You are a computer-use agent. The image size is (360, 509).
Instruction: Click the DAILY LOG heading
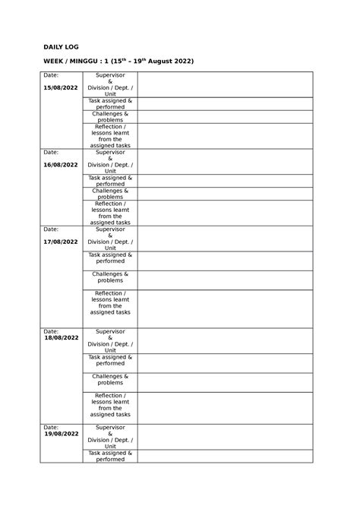pos(60,47)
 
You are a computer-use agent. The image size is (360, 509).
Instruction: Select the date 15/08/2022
pos(61,88)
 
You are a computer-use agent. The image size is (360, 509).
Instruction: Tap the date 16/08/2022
pos(61,165)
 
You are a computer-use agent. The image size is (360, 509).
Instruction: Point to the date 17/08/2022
pos(61,242)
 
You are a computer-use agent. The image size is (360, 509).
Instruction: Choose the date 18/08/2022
pos(61,337)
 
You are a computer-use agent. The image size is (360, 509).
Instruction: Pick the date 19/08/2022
pos(61,434)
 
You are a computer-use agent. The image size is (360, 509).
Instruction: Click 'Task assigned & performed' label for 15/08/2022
pos(110,104)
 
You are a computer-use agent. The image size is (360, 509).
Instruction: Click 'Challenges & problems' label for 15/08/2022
pos(110,117)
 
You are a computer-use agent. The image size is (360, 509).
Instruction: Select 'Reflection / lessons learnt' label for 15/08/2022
pos(110,136)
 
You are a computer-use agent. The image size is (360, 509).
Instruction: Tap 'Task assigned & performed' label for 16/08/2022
pos(110,181)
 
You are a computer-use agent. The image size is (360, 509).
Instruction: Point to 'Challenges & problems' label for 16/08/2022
pos(110,194)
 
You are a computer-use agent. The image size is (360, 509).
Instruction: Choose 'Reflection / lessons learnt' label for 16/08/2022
pos(110,213)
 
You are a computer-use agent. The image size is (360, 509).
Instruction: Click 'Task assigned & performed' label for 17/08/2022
pos(110,258)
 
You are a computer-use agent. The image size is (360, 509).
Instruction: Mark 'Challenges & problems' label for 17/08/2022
pos(110,277)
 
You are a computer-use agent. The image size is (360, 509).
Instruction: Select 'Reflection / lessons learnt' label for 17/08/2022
pos(110,302)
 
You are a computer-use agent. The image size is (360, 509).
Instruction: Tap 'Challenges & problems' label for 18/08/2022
pos(110,379)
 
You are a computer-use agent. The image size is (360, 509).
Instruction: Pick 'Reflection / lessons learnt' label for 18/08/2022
pos(110,405)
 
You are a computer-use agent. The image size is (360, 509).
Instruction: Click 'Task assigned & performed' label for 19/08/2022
pos(110,456)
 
